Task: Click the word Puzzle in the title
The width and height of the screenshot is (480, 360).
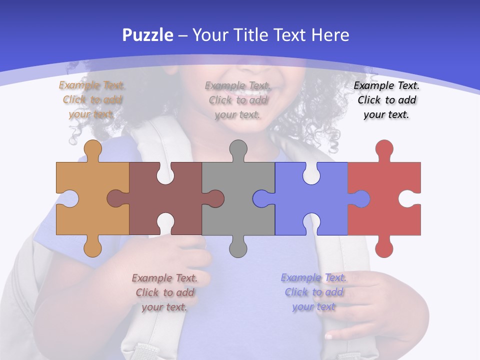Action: tap(147, 35)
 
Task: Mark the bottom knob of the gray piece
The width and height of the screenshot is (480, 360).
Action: tap(238, 247)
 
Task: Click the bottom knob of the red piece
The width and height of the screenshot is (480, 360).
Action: tap(384, 247)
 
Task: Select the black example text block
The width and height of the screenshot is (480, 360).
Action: tap(386, 100)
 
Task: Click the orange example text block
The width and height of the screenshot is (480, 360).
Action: tap(92, 99)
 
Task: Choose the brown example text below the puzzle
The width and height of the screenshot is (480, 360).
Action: tap(164, 292)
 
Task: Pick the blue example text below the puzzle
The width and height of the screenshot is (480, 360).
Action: tap(313, 292)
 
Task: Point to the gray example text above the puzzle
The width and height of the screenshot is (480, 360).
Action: tap(238, 100)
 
